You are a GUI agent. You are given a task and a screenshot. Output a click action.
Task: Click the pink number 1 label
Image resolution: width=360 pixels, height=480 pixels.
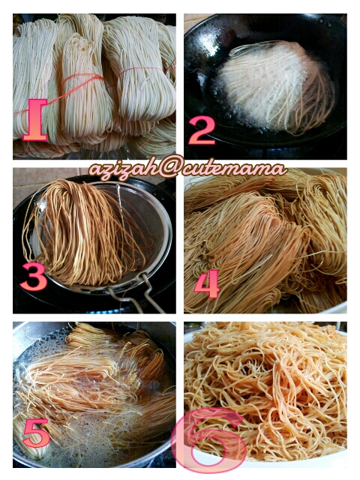point(35,119)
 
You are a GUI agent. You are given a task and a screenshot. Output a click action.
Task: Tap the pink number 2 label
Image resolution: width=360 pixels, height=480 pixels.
point(202,130)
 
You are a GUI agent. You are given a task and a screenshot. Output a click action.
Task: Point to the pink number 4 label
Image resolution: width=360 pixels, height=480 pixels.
point(207,283)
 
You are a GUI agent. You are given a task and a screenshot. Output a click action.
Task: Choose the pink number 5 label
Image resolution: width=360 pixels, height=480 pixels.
point(36,433)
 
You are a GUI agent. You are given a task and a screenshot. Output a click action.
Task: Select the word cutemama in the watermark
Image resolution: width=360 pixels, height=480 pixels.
point(235,169)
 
